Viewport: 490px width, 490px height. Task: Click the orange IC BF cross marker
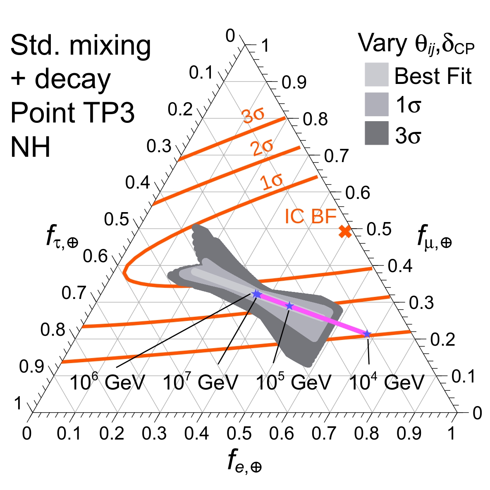point(345,232)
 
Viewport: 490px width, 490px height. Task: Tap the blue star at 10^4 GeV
point(367,334)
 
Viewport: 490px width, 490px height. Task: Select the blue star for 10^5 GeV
point(289,306)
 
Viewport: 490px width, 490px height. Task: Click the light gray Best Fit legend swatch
point(376,74)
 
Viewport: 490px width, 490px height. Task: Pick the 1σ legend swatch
point(376,104)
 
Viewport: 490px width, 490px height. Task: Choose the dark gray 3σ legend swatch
point(376,133)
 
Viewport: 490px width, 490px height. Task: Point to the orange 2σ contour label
point(262,148)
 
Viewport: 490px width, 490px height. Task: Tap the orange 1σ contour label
point(271,182)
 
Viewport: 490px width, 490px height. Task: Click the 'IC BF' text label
point(310,216)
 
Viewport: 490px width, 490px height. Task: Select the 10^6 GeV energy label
point(107,382)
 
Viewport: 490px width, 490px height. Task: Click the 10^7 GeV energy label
point(200,382)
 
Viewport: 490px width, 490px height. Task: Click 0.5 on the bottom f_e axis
point(240,434)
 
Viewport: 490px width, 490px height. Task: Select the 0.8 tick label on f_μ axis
point(315,120)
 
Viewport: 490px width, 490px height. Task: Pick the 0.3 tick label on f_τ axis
point(159,146)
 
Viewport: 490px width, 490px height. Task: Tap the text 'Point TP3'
point(72,112)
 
